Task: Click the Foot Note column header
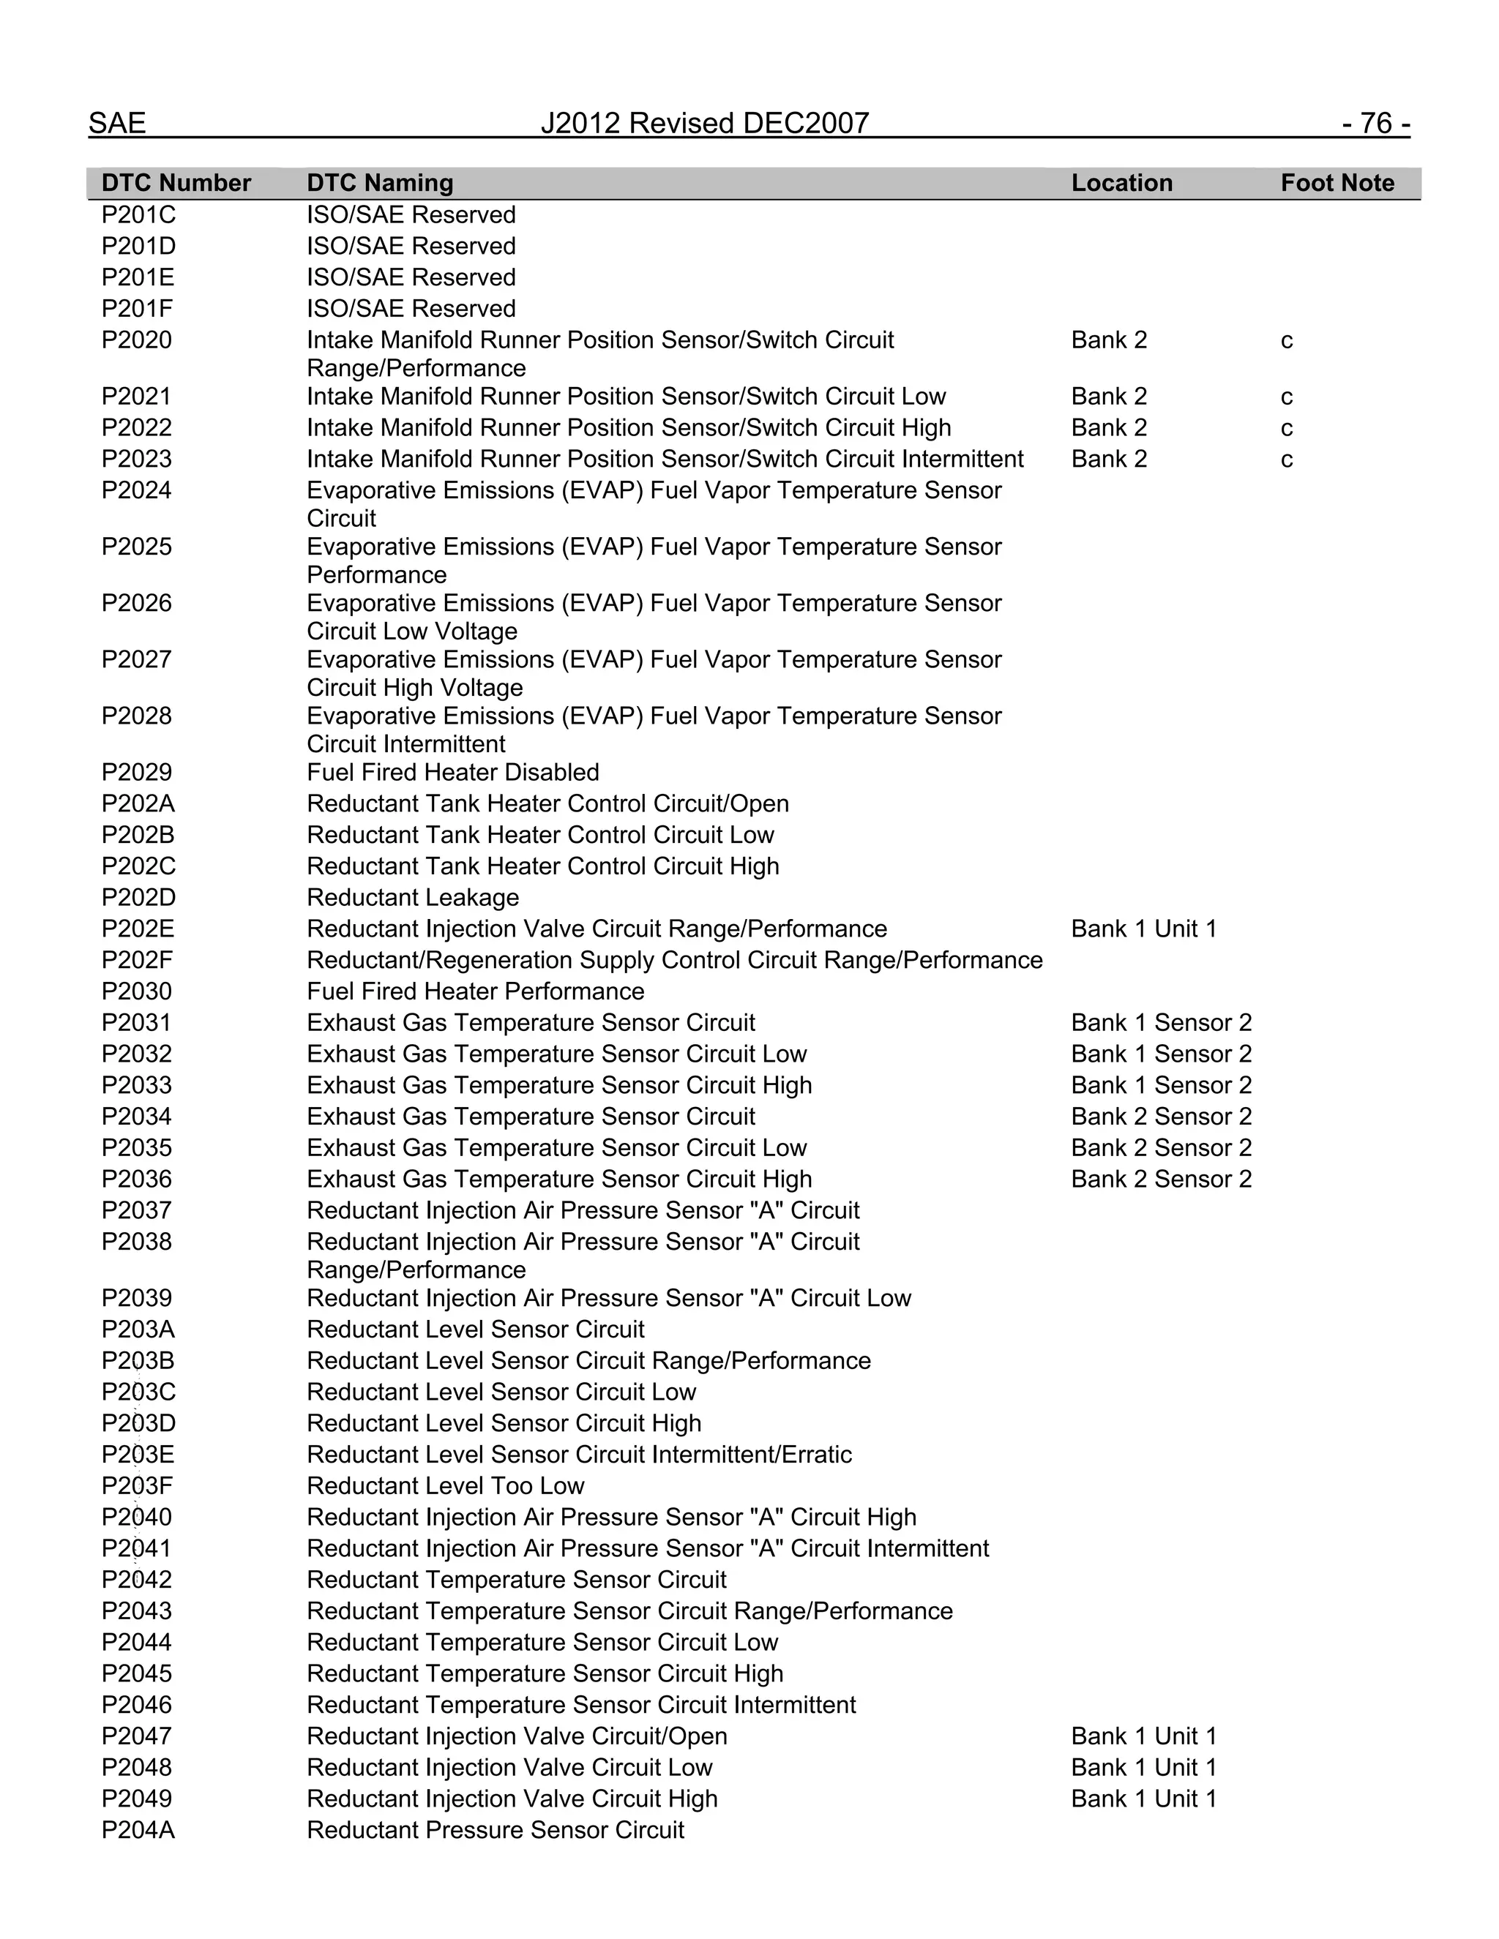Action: [x=1337, y=183]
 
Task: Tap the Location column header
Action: [x=1121, y=183]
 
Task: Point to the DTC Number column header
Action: [x=176, y=183]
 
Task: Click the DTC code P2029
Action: [x=136, y=773]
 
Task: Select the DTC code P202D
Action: [x=138, y=898]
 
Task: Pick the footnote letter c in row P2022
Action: [x=1286, y=428]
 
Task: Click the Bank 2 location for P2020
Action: [x=1108, y=340]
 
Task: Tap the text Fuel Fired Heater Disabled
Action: [x=452, y=773]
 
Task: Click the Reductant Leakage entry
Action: [x=412, y=898]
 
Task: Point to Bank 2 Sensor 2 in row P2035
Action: [x=1161, y=1148]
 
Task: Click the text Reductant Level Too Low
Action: [x=445, y=1486]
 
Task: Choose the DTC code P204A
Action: [x=138, y=1831]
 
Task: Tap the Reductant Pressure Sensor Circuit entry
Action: [x=495, y=1831]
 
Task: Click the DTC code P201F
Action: [x=138, y=309]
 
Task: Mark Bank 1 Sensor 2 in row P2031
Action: [x=1161, y=1023]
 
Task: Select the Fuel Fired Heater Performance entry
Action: [x=475, y=991]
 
